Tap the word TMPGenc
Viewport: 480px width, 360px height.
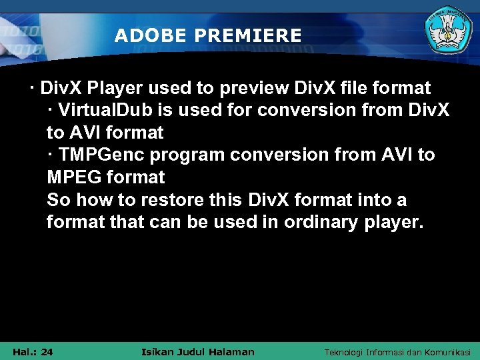[x=101, y=155]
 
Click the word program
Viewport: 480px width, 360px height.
[x=190, y=155]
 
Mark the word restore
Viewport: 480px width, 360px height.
[x=158, y=200]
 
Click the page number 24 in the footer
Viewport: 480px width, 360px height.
[x=47, y=351]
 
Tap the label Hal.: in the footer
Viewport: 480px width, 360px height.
[x=24, y=351]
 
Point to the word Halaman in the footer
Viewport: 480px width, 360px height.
[x=233, y=351]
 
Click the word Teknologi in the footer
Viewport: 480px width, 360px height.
[x=344, y=352]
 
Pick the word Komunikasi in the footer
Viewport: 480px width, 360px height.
[x=447, y=352]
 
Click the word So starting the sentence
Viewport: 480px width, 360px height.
[x=57, y=200]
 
